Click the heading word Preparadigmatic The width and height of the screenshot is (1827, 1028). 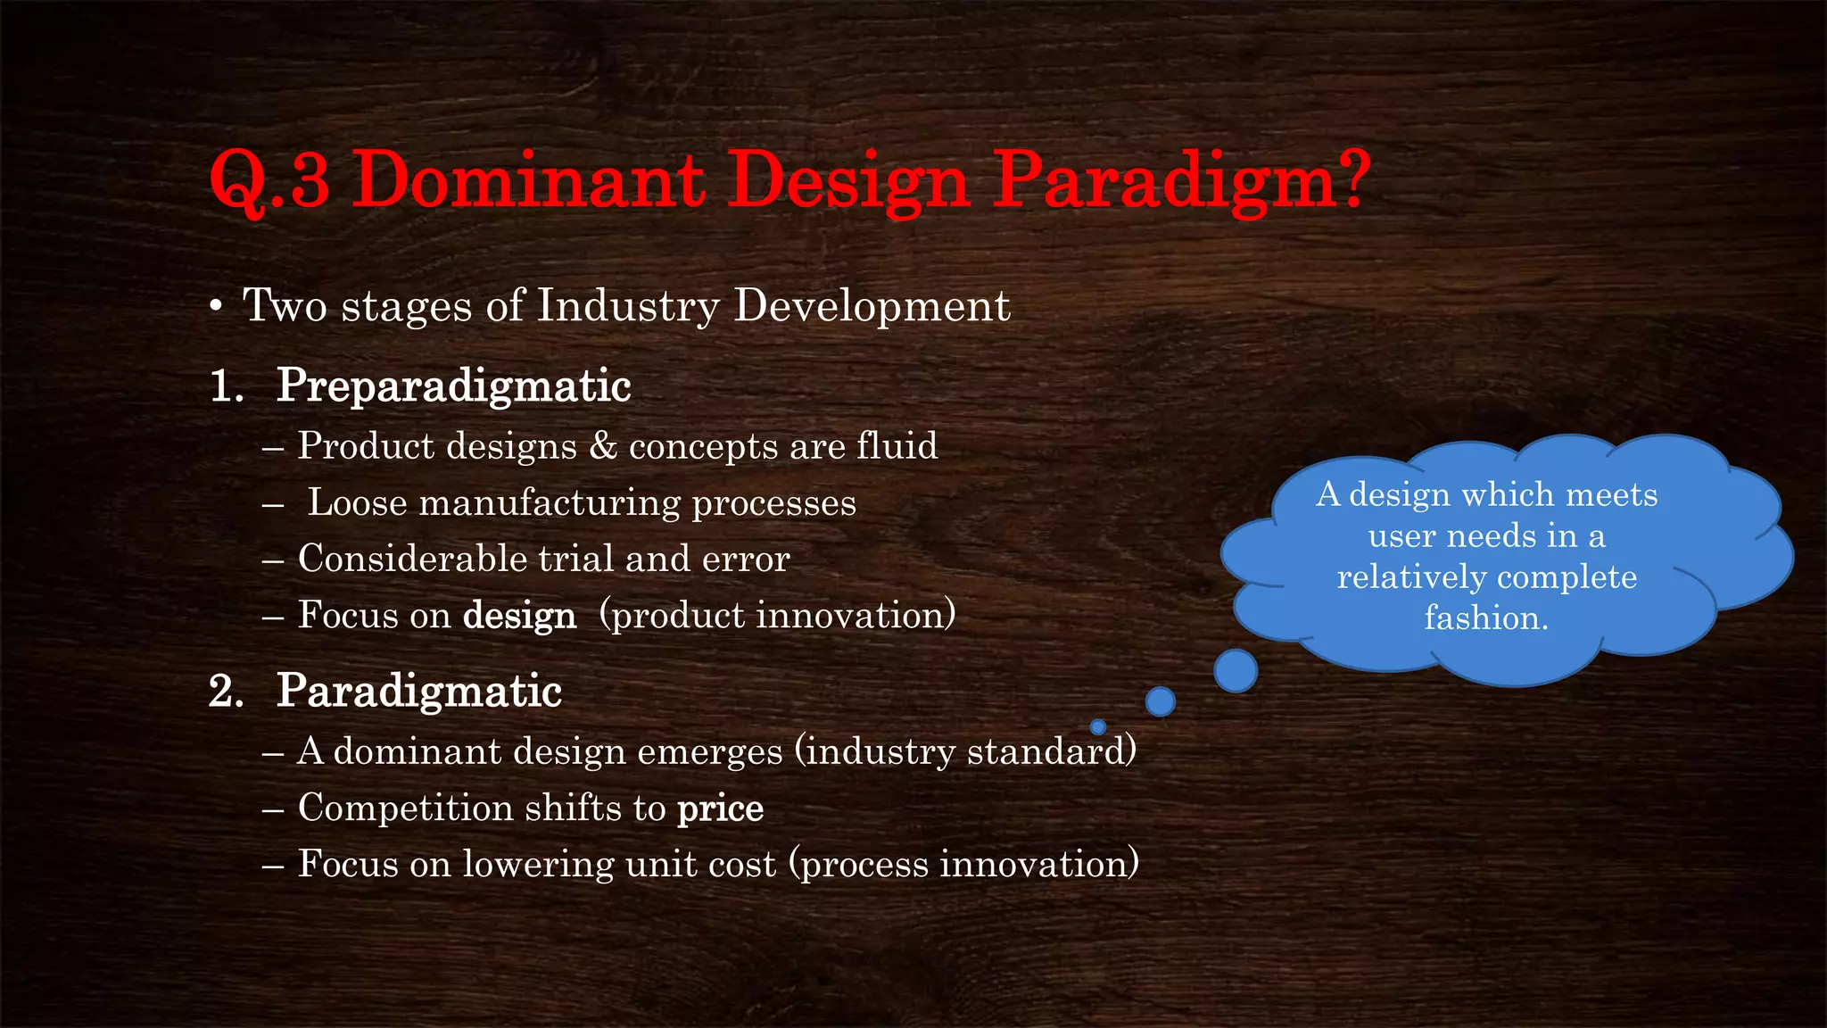coord(453,385)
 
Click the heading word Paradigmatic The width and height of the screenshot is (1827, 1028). coord(418,692)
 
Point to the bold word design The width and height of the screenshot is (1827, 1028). coord(519,616)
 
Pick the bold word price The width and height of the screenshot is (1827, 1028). coord(720,808)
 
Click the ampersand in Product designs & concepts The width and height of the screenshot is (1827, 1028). coord(603,445)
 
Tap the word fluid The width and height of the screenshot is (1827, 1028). coord(897,445)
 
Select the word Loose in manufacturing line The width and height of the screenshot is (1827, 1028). coord(357,502)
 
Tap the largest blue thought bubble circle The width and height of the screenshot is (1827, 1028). coord(1236,671)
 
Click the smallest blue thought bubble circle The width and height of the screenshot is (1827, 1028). coord(1098,726)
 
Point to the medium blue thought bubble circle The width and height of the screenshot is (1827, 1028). coord(1160,701)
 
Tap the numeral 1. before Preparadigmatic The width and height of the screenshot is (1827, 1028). coord(226,387)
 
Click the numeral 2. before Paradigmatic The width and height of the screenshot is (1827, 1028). coord(226,692)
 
